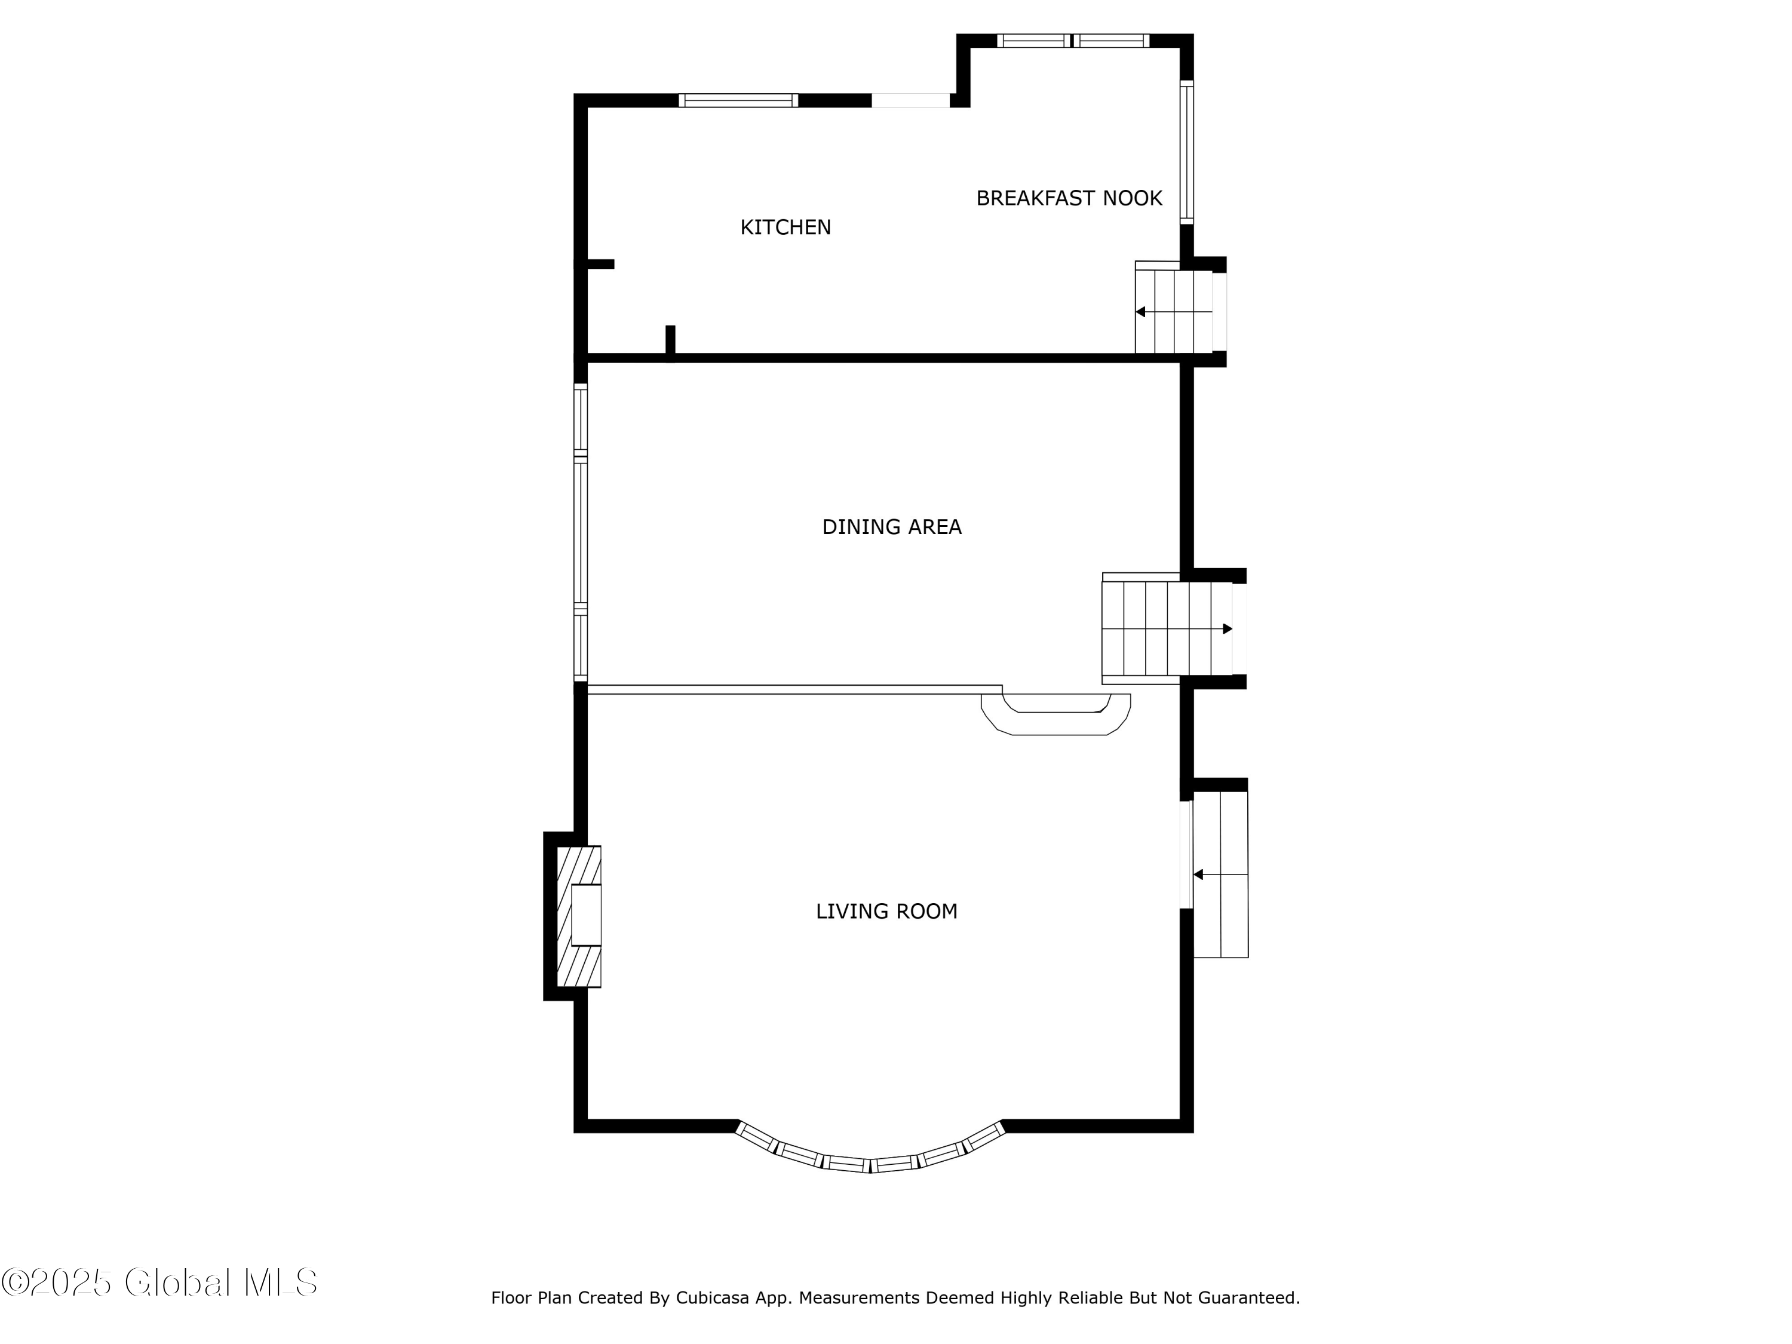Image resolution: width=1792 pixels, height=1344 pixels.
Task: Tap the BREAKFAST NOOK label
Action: pyautogui.click(x=1069, y=198)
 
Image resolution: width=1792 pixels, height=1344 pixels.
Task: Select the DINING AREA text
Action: pyautogui.click(x=891, y=527)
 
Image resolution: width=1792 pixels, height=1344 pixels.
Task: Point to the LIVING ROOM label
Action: pyautogui.click(x=886, y=912)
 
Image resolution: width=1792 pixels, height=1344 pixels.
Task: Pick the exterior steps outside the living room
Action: pyautogui.click(x=1221, y=875)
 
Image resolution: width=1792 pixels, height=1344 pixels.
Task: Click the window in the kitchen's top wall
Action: pyautogui.click(x=738, y=100)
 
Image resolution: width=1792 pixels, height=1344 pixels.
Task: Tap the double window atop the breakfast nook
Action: pyautogui.click(x=1073, y=41)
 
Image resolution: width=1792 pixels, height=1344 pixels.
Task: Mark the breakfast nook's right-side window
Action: pyautogui.click(x=1187, y=152)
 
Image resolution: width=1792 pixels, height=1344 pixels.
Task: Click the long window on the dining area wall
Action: pyautogui.click(x=580, y=532)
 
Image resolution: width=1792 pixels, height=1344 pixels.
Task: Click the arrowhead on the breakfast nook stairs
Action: pyautogui.click(x=1140, y=312)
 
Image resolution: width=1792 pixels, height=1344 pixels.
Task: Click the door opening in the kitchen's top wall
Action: pyautogui.click(x=910, y=100)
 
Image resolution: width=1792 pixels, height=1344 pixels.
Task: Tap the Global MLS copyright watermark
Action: pyautogui.click(x=159, y=1282)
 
